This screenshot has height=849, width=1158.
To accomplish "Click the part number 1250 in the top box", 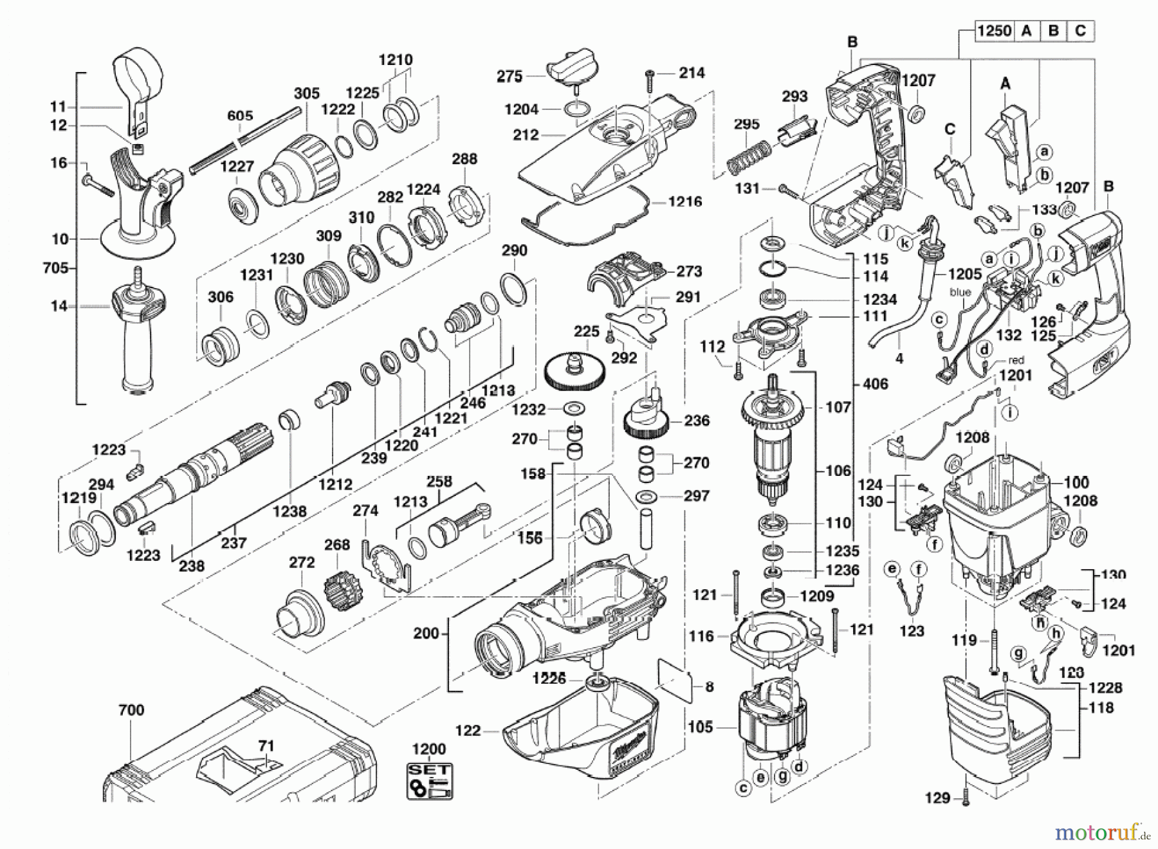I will tap(994, 30).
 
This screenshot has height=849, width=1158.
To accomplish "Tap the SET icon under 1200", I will tap(429, 781).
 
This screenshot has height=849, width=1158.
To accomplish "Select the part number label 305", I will tap(307, 93).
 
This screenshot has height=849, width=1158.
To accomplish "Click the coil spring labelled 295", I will tap(747, 158).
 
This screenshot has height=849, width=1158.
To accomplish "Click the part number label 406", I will tap(875, 384).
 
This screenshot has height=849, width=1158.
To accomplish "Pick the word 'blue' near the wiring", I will tap(960, 292).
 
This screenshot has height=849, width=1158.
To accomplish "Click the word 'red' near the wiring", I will tap(1016, 360).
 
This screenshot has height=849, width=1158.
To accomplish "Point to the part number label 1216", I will tap(685, 202).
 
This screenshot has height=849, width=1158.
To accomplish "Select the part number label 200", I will tap(426, 634).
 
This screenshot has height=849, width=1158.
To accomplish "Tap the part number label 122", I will tap(468, 731).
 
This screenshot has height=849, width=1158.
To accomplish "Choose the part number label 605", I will tap(240, 116).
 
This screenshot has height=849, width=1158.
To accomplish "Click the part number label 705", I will tap(55, 268).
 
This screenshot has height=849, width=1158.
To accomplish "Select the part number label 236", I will tap(697, 421).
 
